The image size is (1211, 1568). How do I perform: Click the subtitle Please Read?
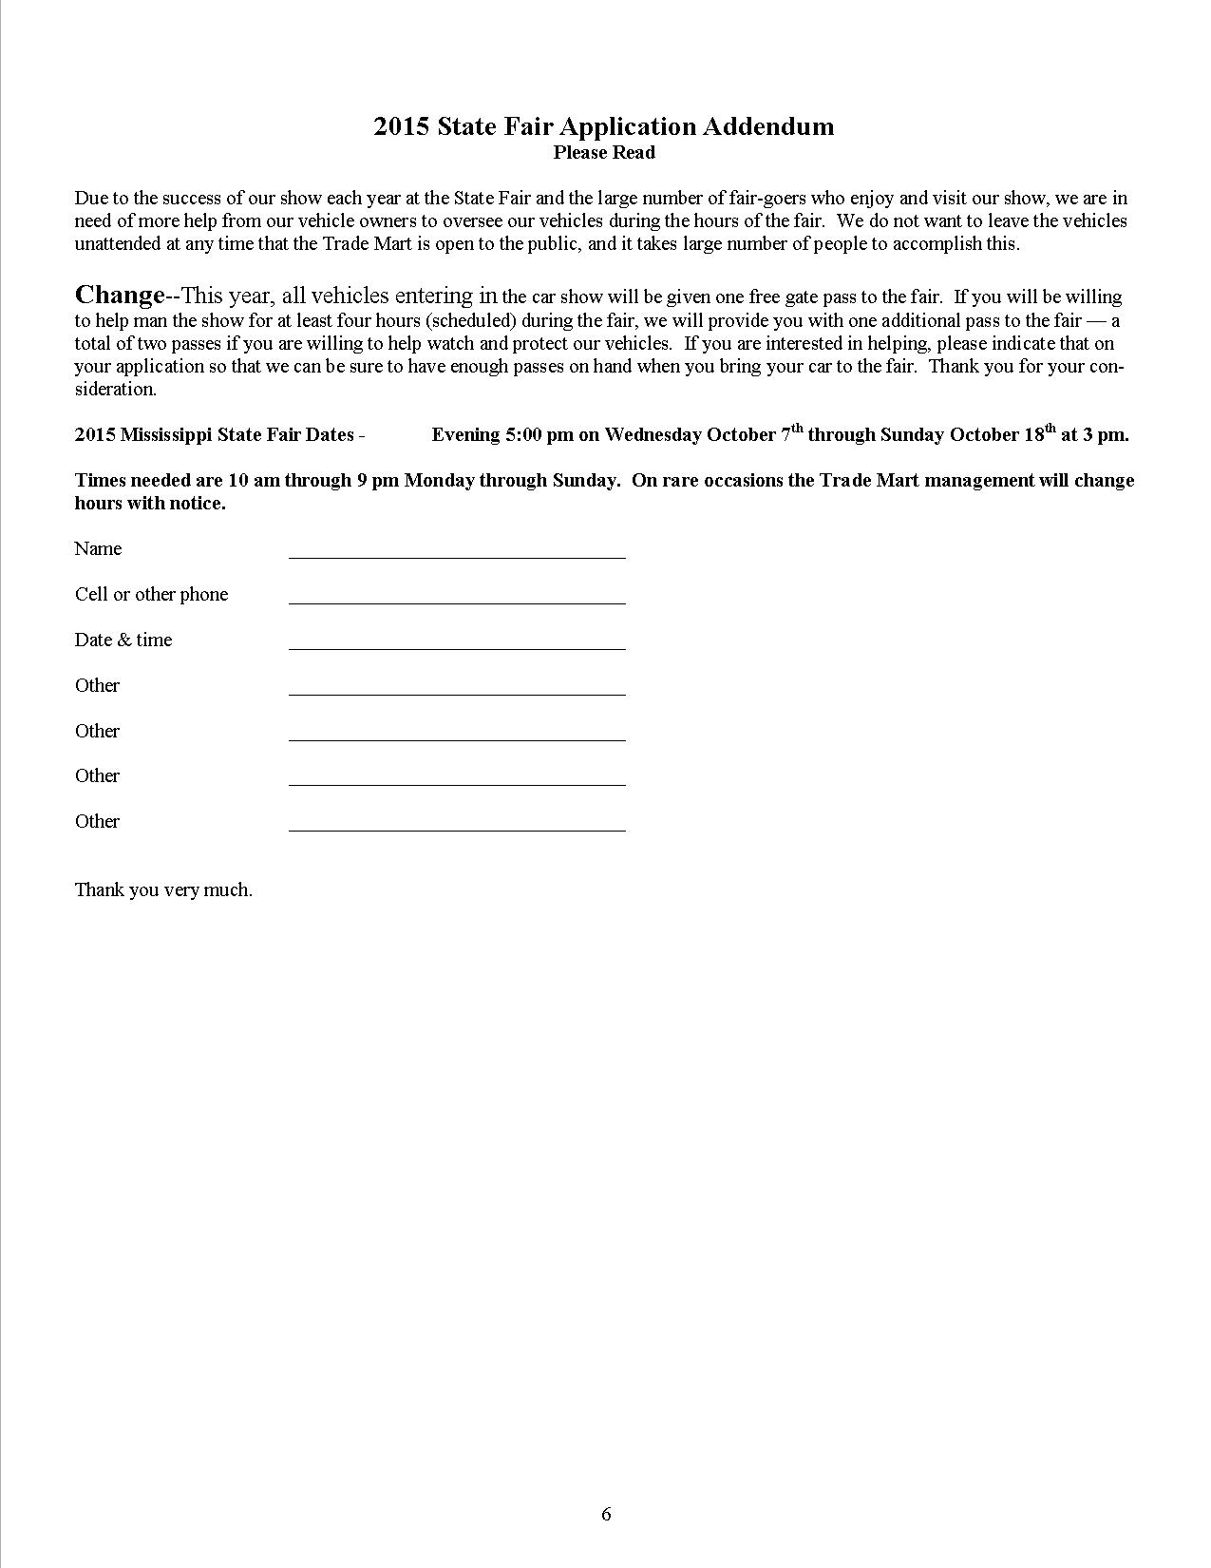point(604,152)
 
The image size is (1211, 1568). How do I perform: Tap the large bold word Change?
point(120,295)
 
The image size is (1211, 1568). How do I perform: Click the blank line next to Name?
point(457,550)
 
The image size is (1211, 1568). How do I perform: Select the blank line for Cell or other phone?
point(457,596)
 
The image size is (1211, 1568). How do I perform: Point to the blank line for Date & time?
point(457,641)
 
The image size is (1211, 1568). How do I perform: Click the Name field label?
point(98,548)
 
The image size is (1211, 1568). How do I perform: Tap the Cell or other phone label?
point(151,594)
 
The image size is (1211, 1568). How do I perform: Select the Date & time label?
point(123,640)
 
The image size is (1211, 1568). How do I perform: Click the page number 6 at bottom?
point(606,1514)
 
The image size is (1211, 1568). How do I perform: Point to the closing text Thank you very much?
point(163,889)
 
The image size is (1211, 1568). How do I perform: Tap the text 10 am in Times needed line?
point(254,480)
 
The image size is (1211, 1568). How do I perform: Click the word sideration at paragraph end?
point(115,389)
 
